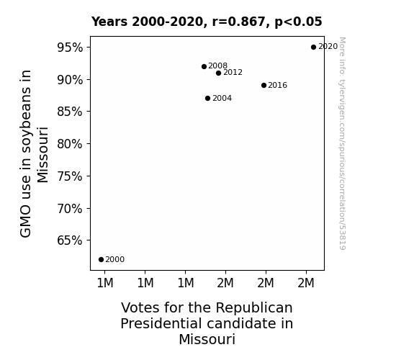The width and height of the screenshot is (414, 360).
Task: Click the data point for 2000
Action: (101, 260)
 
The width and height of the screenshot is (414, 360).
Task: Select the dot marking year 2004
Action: (207, 98)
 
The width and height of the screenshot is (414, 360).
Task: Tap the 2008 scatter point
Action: (204, 66)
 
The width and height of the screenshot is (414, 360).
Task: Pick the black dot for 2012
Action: (218, 73)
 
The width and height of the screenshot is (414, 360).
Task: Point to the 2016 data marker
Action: (264, 85)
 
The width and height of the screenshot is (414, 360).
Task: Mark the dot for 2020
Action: (313, 48)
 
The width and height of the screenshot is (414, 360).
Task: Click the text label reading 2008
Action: (218, 66)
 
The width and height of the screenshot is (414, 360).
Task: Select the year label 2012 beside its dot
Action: (233, 73)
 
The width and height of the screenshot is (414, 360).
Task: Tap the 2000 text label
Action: (115, 260)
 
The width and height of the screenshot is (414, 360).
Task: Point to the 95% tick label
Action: (70, 48)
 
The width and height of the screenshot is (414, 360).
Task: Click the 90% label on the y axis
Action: (70, 80)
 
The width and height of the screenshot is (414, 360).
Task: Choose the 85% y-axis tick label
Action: (70, 112)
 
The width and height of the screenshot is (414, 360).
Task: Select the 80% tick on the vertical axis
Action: (70, 144)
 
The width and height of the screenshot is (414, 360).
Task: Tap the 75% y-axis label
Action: (70, 176)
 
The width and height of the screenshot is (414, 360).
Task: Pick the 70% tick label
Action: (70, 209)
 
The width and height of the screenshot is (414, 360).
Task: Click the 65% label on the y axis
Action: (70, 240)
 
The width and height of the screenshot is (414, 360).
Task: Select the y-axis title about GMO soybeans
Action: (34, 153)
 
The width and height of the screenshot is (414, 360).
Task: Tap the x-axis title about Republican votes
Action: (207, 323)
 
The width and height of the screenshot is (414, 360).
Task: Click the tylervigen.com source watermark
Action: (342, 143)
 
